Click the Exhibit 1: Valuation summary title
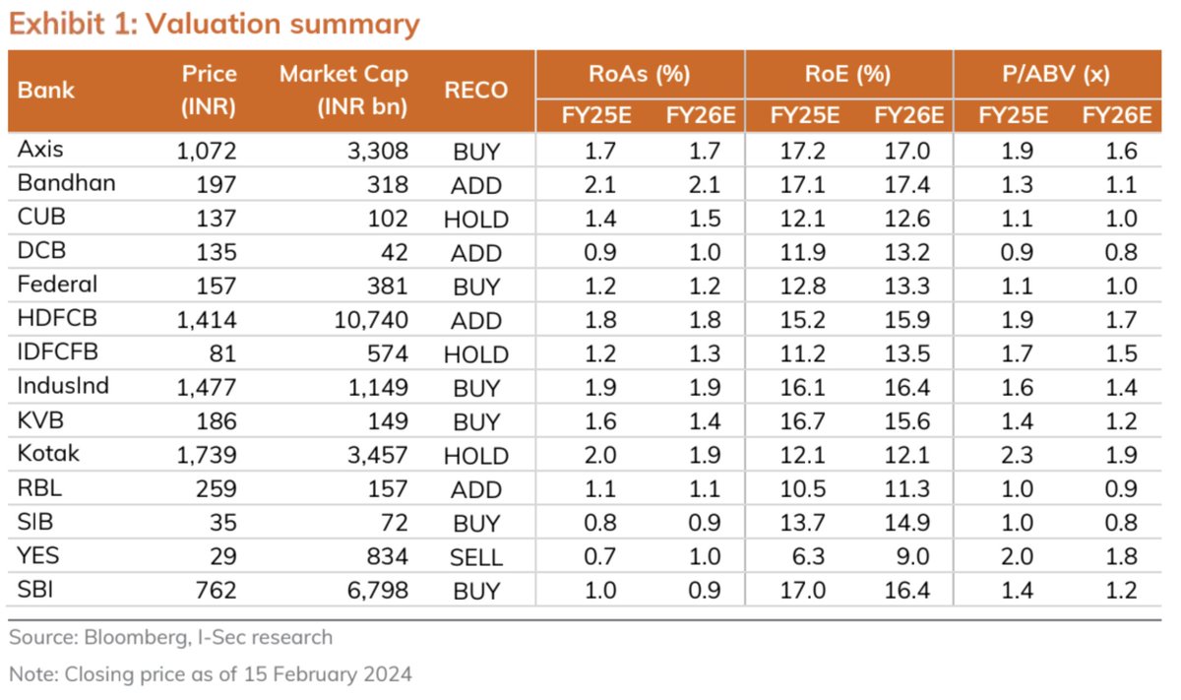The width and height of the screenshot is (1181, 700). tap(215, 24)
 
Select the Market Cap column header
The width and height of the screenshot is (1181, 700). tap(343, 91)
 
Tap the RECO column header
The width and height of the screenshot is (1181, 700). tap(476, 91)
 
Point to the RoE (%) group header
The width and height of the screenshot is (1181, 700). tap(848, 74)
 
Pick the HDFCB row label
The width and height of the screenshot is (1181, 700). tap(57, 319)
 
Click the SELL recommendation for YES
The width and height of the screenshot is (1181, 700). tap(476, 556)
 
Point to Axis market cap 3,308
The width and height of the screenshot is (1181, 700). tap(380, 152)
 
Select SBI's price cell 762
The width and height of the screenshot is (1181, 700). tap(216, 590)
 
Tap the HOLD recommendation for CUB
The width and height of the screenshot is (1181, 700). tap(476, 219)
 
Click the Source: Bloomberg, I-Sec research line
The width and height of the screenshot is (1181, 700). tap(171, 637)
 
